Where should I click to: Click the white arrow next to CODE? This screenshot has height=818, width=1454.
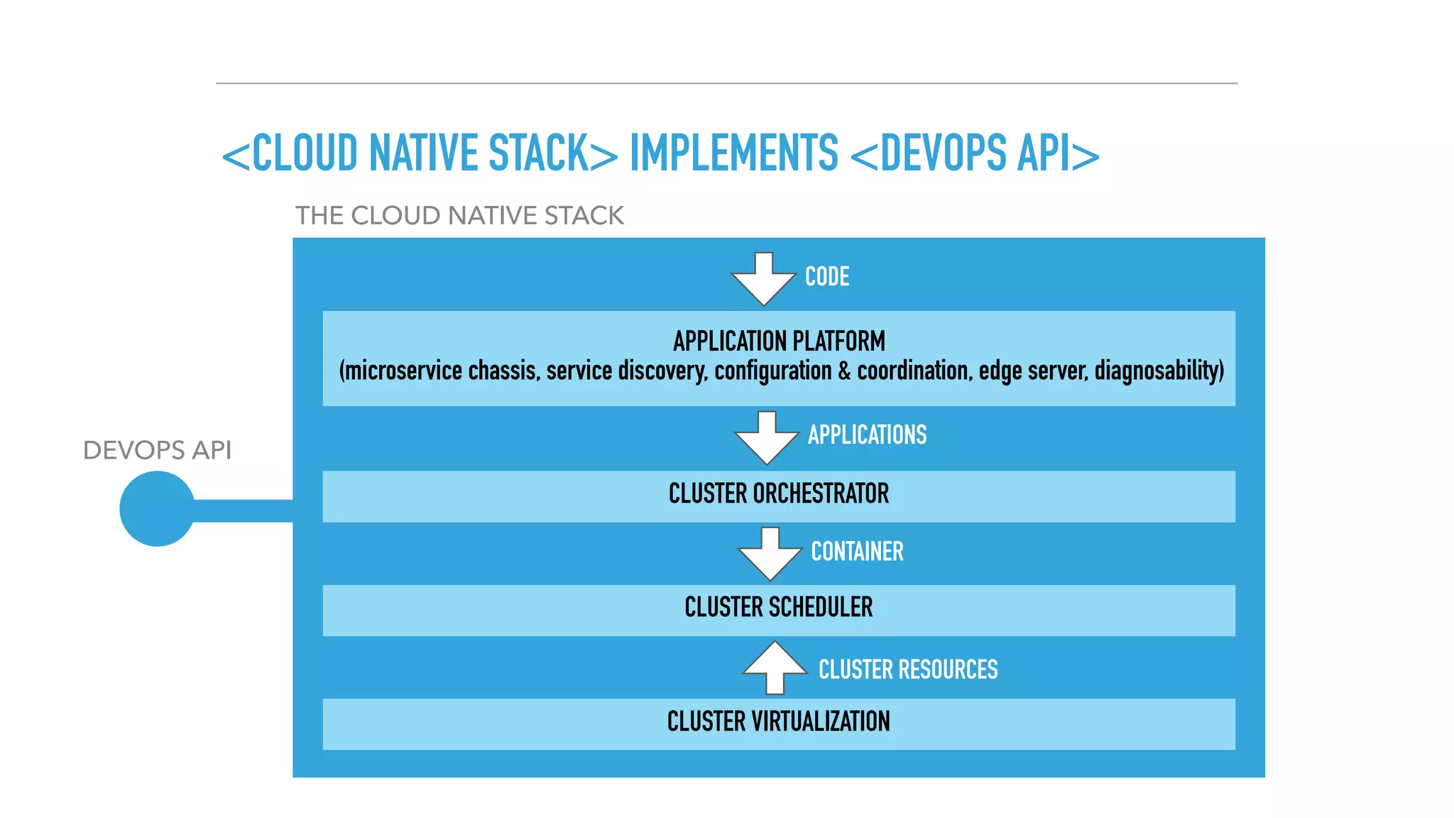pyautogui.click(x=763, y=280)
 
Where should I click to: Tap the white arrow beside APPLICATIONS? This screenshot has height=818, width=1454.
pyautogui.click(x=766, y=439)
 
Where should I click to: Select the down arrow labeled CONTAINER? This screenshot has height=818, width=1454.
pyautogui.click(x=770, y=555)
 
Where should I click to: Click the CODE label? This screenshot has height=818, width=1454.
pyautogui.click(x=827, y=276)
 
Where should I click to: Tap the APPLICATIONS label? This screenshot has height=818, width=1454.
pyautogui.click(x=867, y=435)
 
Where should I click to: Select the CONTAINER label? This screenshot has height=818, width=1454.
pyautogui.click(x=857, y=551)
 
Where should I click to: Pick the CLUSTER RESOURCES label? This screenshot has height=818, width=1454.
pyautogui.click(x=908, y=669)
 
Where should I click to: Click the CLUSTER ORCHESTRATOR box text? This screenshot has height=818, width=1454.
pyautogui.click(x=779, y=493)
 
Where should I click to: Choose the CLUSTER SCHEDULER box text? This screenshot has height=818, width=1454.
pyautogui.click(x=779, y=607)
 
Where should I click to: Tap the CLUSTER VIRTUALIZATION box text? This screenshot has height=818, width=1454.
pyautogui.click(x=779, y=721)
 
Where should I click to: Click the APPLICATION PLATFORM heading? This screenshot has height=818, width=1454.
pyautogui.click(x=779, y=342)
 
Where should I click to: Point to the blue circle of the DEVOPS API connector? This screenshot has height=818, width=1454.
pyautogui.click(x=157, y=509)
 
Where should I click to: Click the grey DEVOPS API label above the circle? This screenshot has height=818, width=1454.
pyautogui.click(x=157, y=450)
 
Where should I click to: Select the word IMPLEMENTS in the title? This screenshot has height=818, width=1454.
pyautogui.click(x=734, y=153)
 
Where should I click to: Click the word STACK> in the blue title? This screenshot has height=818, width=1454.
pyautogui.click(x=553, y=153)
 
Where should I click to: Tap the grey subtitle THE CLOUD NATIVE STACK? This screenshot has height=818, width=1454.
pyautogui.click(x=459, y=215)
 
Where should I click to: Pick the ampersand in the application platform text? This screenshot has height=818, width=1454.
pyautogui.click(x=844, y=371)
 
